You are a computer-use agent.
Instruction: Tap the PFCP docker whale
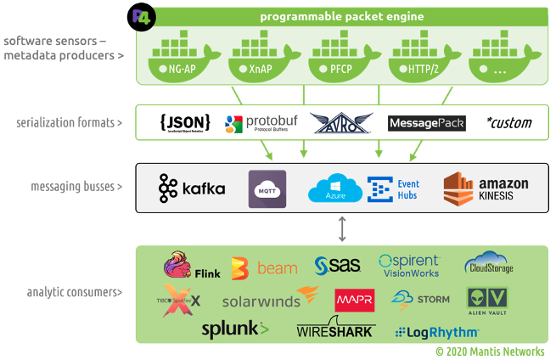pyautogui.click(x=341, y=56)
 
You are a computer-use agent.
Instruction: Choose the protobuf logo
pyautogui.click(x=257, y=123)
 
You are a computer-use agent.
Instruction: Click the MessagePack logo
pyautogui.click(x=426, y=123)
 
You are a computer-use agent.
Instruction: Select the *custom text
pyautogui.click(x=508, y=123)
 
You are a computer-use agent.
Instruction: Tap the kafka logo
pyautogui.click(x=192, y=188)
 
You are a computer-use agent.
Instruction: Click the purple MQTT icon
pyautogui.click(x=267, y=188)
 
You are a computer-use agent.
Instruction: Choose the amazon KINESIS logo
pyautogui.click(x=486, y=188)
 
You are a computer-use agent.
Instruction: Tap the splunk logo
pyautogui.click(x=234, y=329)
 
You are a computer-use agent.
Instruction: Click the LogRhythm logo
pyautogui.click(x=436, y=331)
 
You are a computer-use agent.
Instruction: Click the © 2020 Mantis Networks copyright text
pyautogui.click(x=489, y=351)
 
